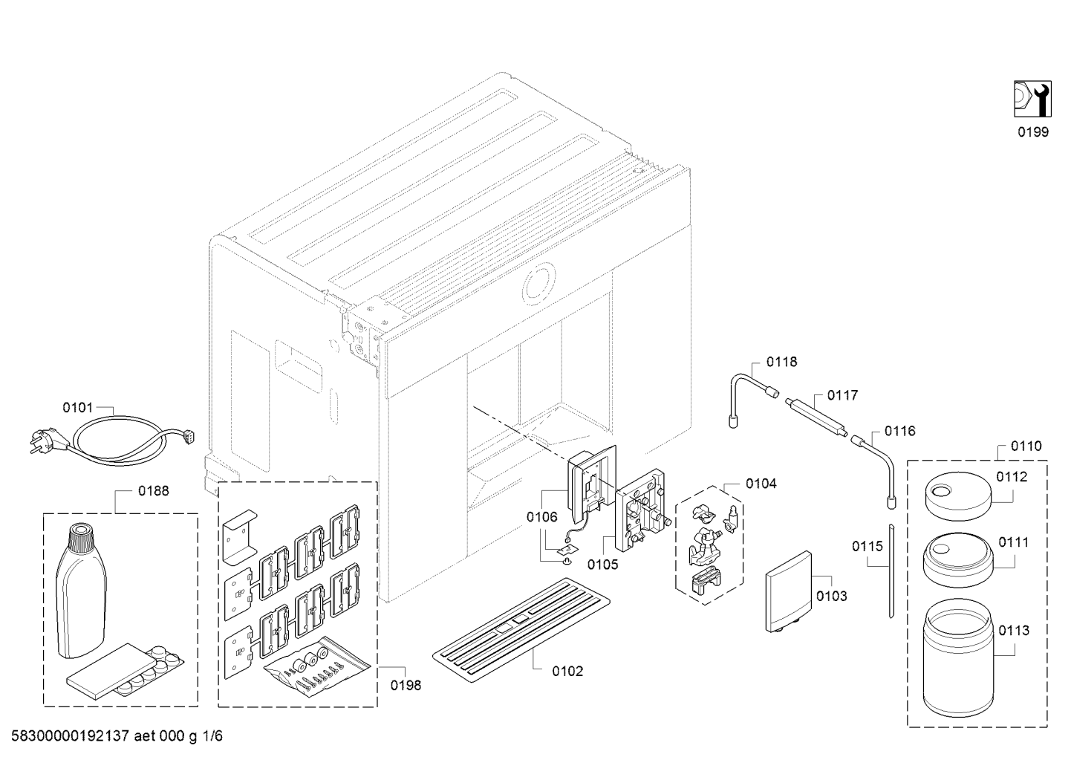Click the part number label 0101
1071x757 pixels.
pos(77,407)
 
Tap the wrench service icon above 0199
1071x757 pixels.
pos(1032,99)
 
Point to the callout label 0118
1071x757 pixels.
pos(782,362)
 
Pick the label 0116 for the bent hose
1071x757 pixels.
pos(900,431)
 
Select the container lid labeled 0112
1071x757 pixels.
pos(957,496)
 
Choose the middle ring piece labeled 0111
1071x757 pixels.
pos(957,560)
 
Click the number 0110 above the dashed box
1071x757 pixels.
pos(1026,446)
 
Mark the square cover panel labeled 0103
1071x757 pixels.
pos(789,592)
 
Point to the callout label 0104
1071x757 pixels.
pos(761,484)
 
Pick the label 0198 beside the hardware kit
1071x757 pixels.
pos(406,685)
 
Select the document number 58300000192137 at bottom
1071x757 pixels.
pos(71,736)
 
